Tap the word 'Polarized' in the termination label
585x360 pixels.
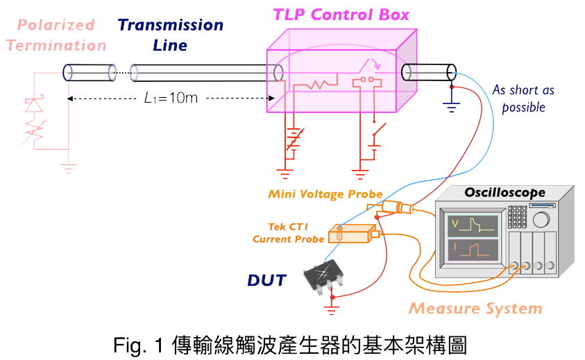[x=55, y=26]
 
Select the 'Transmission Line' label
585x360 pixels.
[x=171, y=35]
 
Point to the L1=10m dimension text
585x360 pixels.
[x=170, y=98]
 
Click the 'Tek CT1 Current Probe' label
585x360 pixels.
[x=288, y=233]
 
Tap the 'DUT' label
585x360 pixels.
[x=266, y=280]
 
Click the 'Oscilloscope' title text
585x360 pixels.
[x=505, y=192]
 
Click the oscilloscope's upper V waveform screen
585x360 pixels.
[x=473, y=225]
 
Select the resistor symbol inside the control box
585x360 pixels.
[x=316, y=84]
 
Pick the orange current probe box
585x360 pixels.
[x=350, y=234]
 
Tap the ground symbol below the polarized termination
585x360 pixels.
[x=68, y=167]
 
